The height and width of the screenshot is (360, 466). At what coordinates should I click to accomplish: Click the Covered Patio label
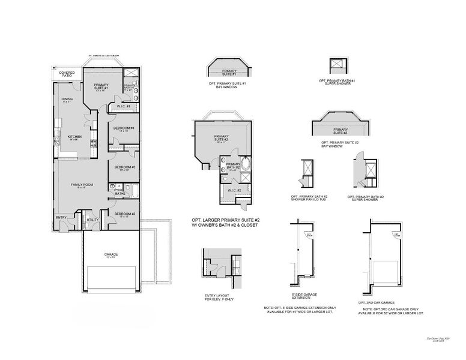click(x=67, y=74)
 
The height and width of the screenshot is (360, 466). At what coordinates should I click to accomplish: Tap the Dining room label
click(x=67, y=100)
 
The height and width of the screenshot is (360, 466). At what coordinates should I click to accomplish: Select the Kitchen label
click(x=74, y=137)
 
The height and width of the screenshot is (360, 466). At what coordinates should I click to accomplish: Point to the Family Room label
click(x=82, y=184)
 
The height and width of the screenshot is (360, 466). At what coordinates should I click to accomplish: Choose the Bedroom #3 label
click(x=123, y=167)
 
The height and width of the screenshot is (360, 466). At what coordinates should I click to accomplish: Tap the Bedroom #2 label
click(x=123, y=214)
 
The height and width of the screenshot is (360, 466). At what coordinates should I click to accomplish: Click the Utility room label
click(x=92, y=220)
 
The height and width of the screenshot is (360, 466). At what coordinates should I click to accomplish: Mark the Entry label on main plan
click(x=61, y=217)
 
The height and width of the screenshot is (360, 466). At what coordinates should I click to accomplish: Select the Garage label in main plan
click(x=111, y=254)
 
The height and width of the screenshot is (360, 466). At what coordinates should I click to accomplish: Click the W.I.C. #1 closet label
click(x=124, y=107)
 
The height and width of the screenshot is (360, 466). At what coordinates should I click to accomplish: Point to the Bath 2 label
click(x=120, y=194)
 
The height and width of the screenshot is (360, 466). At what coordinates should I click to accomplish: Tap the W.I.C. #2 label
click(x=234, y=190)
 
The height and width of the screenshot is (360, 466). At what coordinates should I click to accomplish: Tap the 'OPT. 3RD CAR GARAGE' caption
click(x=377, y=302)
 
